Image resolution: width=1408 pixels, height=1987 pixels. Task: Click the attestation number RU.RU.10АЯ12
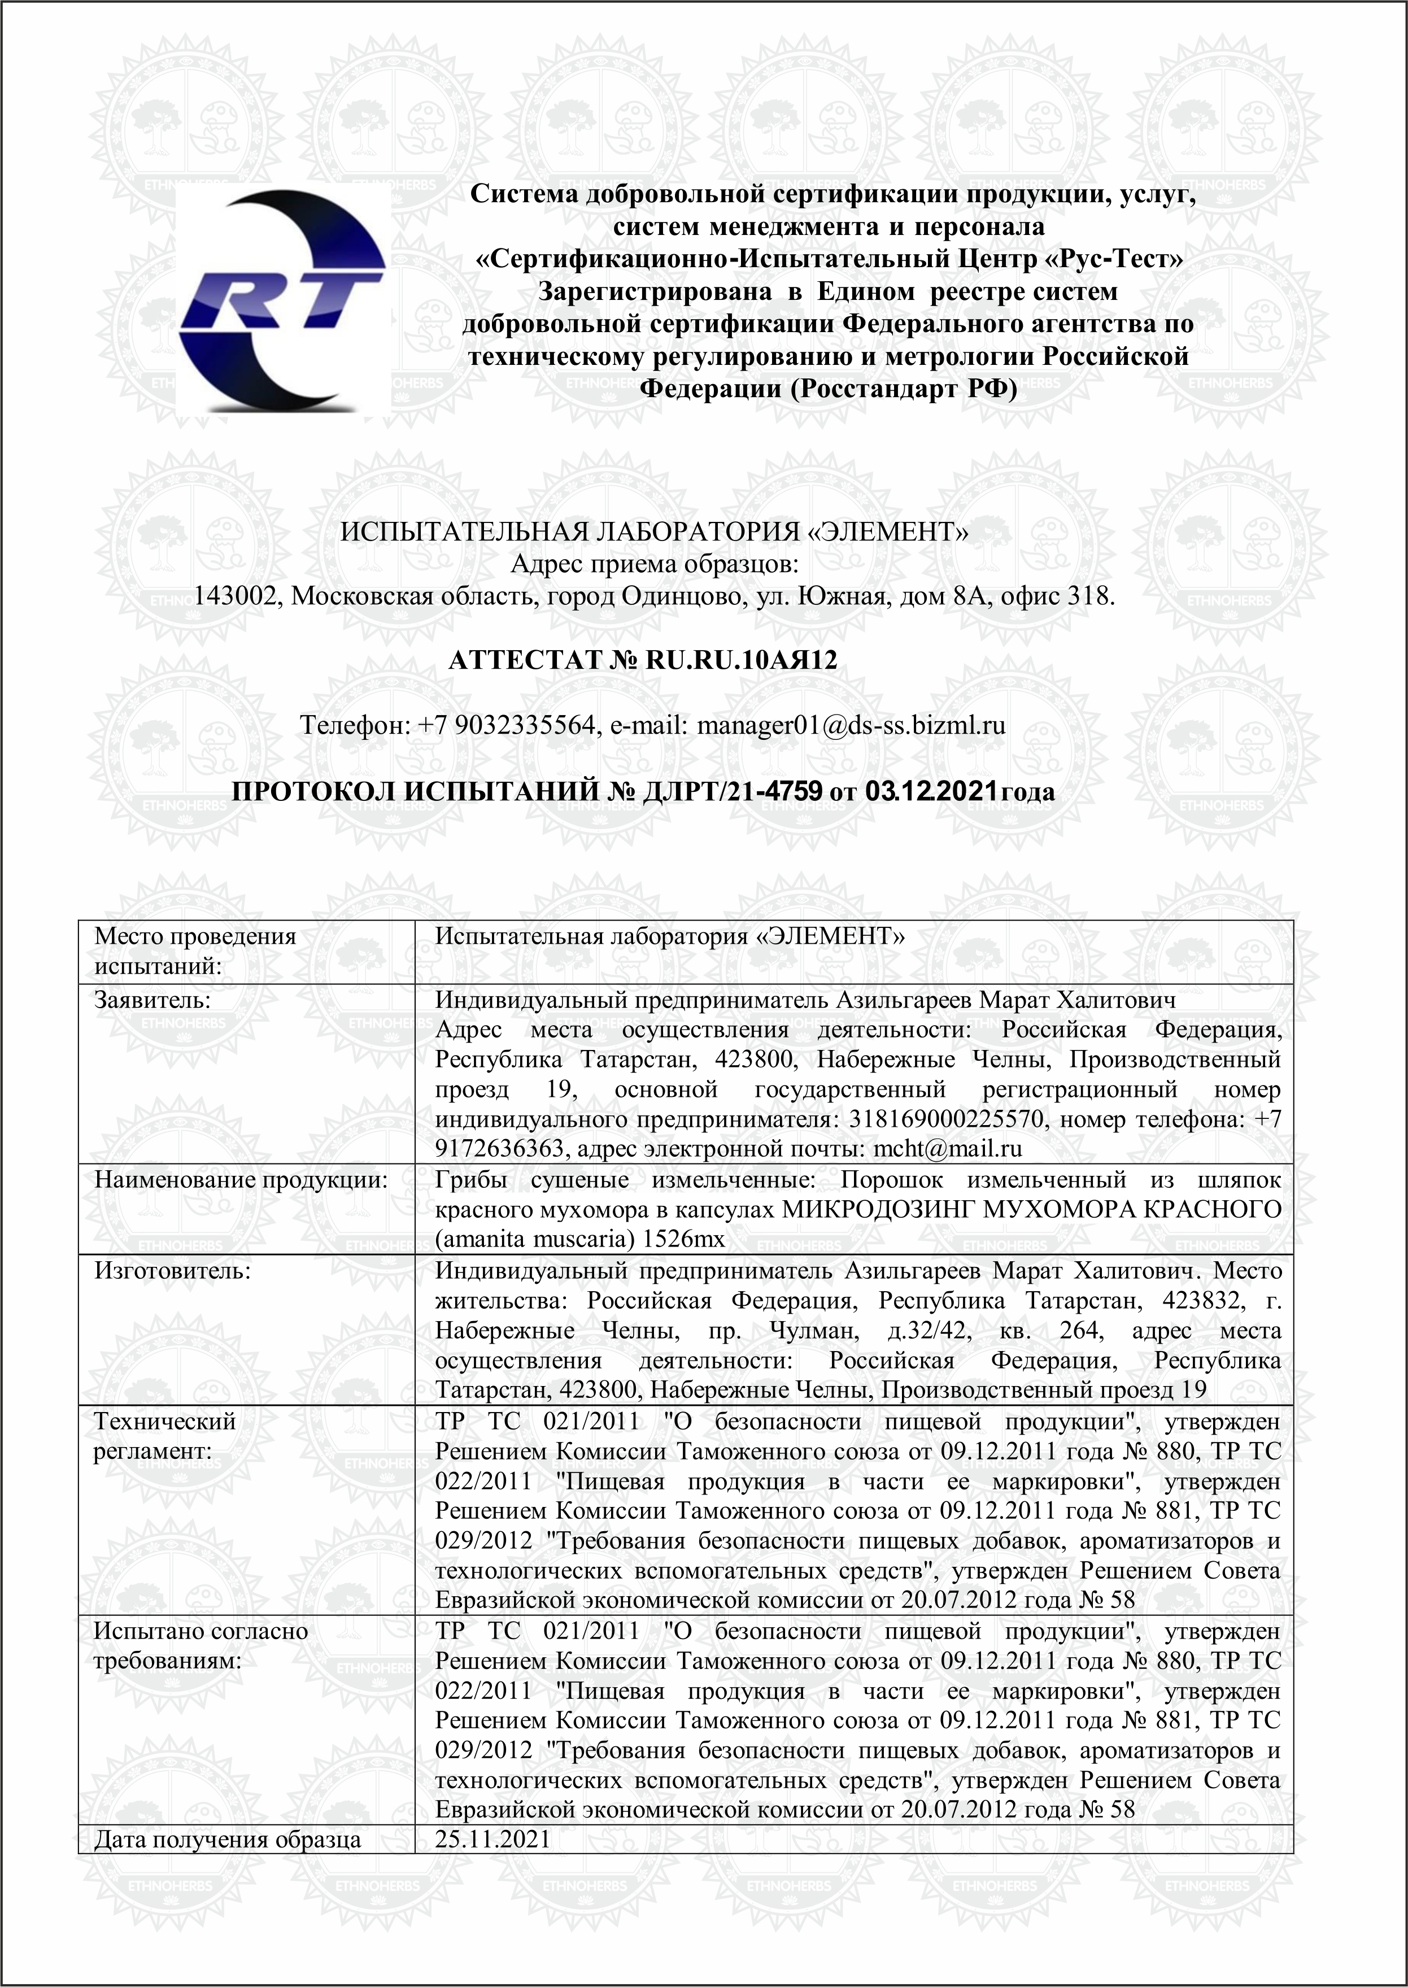(742, 661)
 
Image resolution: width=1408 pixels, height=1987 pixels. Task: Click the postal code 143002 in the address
(233, 596)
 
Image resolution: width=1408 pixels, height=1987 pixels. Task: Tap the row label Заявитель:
(152, 1000)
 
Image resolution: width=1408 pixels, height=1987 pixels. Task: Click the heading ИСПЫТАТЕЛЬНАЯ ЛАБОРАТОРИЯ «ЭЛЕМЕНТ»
(653, 531)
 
